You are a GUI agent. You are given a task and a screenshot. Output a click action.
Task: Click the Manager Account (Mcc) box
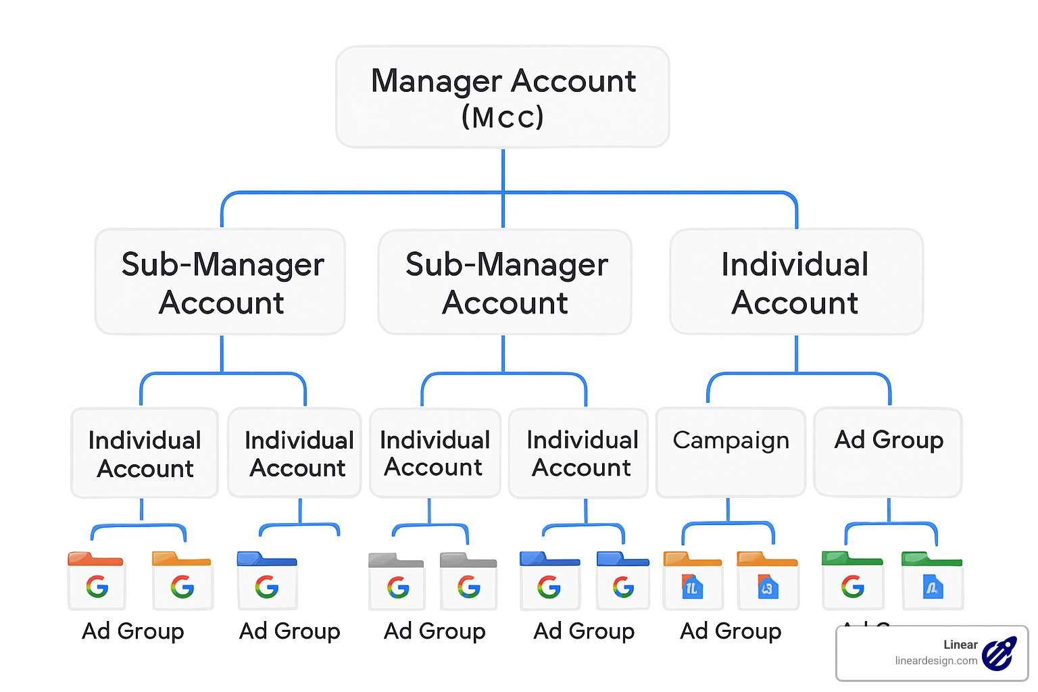(x=503, y=97)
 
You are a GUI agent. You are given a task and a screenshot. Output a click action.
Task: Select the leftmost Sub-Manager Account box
(x=221, y=282)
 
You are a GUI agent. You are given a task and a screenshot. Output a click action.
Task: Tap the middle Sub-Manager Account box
(x=505, y=282)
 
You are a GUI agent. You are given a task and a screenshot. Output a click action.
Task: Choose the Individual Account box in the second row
(x=796, y=282)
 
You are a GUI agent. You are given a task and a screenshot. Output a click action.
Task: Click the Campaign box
(x=731, y=451)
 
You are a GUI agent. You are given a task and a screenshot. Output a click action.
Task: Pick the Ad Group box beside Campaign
(x=888, y=451)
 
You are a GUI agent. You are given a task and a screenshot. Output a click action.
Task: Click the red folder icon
(x=96, y=580)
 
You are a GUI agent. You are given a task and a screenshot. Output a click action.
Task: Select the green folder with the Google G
(x=852, y=580)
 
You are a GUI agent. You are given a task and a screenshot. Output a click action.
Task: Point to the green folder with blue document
(x=932, y=580)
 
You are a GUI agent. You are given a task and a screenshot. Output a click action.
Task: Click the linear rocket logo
(x=999, y=653)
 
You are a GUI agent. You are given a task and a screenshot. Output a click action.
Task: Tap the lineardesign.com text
(x=936, y=661)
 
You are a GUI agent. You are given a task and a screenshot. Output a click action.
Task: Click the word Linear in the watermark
(x=960, y=645)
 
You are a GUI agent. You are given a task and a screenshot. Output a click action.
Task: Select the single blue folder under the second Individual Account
(x=267, y=580)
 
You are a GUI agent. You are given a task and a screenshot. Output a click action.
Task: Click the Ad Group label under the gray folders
(x=435, y=631)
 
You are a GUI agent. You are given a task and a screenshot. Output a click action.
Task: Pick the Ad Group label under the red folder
(x=133, y=631)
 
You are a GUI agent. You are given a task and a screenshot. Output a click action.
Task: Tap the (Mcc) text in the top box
(x=503, y=117)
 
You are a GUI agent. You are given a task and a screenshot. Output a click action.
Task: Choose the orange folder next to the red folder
(x=182, y=580)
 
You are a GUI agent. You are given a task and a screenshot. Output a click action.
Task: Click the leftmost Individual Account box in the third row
(x=145, y=453)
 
